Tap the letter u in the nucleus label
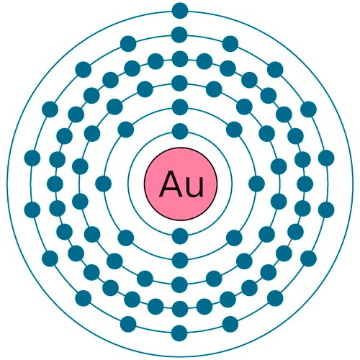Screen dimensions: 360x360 pos(195,187)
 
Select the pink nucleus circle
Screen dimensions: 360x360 pos(181,184)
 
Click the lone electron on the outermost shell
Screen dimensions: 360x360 pos(180,11)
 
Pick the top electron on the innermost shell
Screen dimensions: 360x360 pos(180,131)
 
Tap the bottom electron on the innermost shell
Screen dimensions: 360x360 pos(180,236)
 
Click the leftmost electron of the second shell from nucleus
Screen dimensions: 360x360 pos(104,184)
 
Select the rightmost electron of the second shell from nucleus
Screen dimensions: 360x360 pos(257,184)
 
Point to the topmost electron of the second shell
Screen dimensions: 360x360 pos(180,107)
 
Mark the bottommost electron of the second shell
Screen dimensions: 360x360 pos(180,260)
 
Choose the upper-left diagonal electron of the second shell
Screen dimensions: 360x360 pos(126,130)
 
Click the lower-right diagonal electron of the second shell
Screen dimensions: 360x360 pos(234,238)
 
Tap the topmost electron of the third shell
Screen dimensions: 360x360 pos(180,84)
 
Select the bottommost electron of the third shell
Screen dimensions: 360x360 pos(180,284)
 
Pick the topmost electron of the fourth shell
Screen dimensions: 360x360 pos(180,59)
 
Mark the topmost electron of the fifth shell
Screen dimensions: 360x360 pos(179,35)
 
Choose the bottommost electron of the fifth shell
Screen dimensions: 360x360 pos(179,333)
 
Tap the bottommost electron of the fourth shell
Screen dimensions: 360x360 pos(180,309)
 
